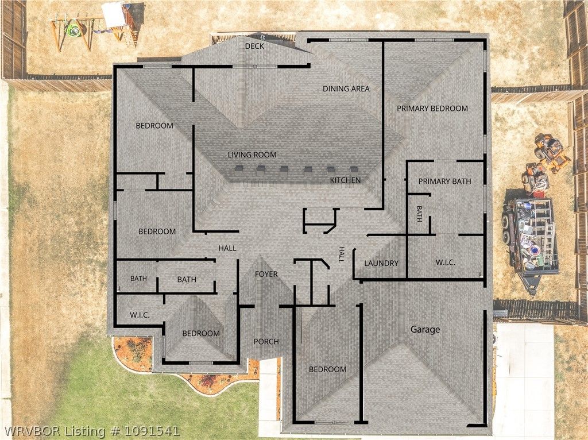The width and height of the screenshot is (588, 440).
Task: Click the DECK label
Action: click(254, 46)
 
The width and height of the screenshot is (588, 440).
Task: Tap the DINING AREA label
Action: click(346, 89)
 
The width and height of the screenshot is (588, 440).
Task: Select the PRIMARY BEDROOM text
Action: click(432, 109)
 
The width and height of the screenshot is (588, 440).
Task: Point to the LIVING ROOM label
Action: click(252, 155)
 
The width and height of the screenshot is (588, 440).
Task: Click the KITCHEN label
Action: click(345, 180)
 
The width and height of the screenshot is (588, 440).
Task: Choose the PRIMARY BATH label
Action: click(445, 182)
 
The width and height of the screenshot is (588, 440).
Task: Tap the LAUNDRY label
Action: click(381, 263)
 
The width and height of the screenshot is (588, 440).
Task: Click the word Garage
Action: click(425, 330)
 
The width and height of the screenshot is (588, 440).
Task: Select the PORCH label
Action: click(266, 342)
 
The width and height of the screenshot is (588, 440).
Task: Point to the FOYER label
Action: click(266, 274)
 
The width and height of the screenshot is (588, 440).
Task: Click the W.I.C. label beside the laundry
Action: click(446, 263)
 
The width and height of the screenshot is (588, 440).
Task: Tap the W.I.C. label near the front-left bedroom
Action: click(140, 315)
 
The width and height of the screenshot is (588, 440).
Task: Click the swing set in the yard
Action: click(94, 27)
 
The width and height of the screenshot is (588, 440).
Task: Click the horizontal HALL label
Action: click(227, 248)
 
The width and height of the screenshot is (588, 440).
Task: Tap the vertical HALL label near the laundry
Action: click(342, 254)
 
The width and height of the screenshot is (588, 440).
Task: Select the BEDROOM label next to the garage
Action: click(327, 369)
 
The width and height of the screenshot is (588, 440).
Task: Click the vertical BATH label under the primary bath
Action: click(419, 214)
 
